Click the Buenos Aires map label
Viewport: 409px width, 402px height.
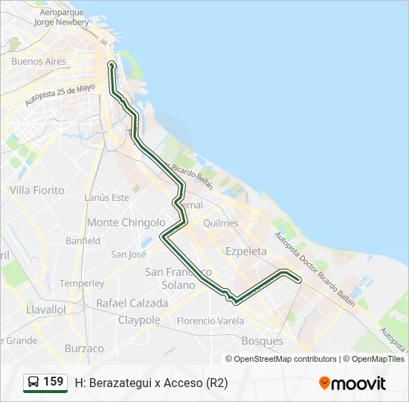pyautogui.click(x=39, y=62)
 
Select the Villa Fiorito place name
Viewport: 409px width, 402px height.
pyautogui.click(x=37, y=191)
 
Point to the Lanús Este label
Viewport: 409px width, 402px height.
pyautogui.click(x=107, y=197)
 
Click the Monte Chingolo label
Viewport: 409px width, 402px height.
pyautogui.click(x=126, y=223)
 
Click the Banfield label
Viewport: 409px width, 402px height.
pyautogui.click(x=83, y=241)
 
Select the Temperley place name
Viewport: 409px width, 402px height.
pyautogui.click(x=82, y=284)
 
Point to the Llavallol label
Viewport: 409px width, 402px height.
pyautogui.click(x=46, y=309)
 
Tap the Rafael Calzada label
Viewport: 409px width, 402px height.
pyautogui.click(x=132, y=303)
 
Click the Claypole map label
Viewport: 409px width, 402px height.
pyautogui.click(x=139, y=320)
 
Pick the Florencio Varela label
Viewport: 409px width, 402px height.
pyautogui.click(x=210, y=322)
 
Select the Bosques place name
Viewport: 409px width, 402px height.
pyautogui.click(x=263, y=341)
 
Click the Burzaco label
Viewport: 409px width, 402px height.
pyautogui.click(x=84, y=348)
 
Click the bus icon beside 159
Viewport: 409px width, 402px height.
pyautogui.click(x=33, y=383)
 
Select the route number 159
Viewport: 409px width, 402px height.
pyautogui.click(x=54, y=382)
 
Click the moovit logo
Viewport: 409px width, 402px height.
pyautogui.click(x=352, y=383)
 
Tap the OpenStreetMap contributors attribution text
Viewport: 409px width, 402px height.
pyautogui.click(x=285, y=359)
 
